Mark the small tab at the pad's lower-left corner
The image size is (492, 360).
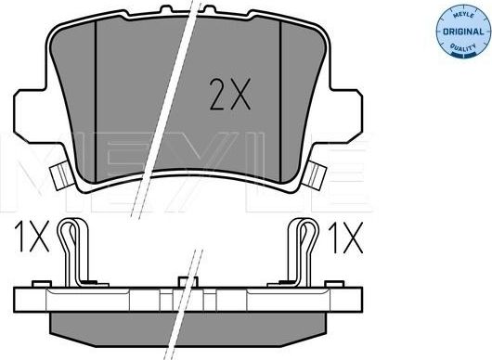pyautogui.click(x=60, y=174)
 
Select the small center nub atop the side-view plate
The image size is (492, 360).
pyautogui.click(x=186, y=280)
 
